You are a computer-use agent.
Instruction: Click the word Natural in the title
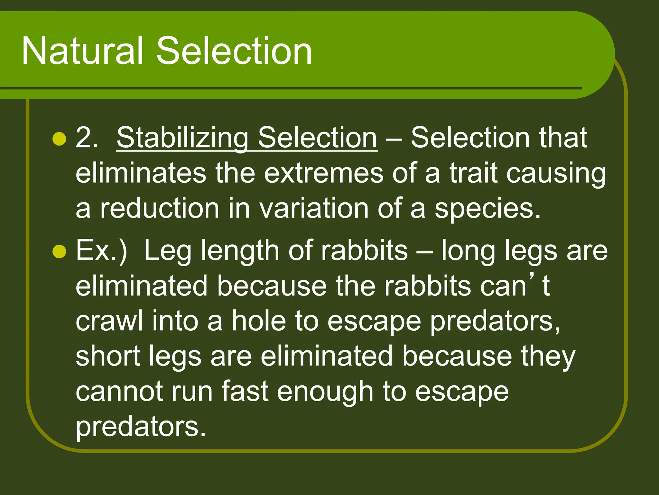tap(82, 51)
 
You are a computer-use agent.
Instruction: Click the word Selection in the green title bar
tap(234, 51)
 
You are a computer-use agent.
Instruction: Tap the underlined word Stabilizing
tap(182, 138)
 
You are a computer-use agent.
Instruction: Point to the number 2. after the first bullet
tap(86, 138)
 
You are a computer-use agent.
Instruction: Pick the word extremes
tap(324, 173)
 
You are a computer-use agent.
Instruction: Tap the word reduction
tap(160, 209)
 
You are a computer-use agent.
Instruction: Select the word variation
tap(314, 209)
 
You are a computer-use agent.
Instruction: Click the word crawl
tap(109, 321)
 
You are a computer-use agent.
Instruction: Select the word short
tap(108, 356)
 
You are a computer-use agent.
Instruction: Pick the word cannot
tap(119, 392)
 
